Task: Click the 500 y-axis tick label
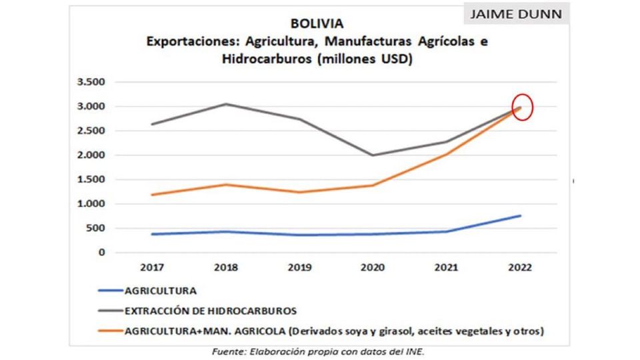click(x=96, y=228)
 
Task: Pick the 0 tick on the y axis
click(x=103, y=253)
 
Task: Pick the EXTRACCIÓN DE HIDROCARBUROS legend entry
click(x=211, y=310)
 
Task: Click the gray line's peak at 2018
click(x=225, y=104)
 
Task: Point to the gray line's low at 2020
click(x=373, y=155)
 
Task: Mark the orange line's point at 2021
click(x=446, y=154)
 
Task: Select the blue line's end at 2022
click(x=520, y=215)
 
